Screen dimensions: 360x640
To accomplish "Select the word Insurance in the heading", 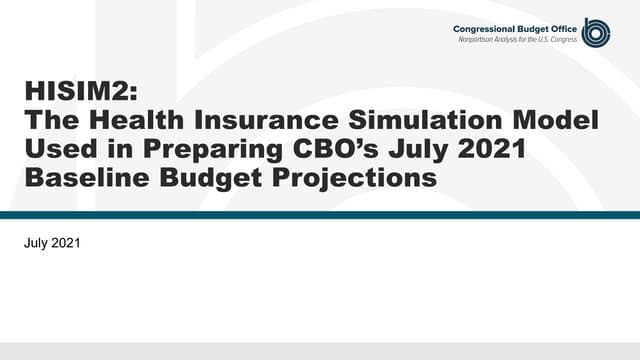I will point(267,123).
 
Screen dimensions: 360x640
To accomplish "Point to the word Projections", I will point(350,180).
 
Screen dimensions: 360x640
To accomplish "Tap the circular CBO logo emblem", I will point(596,32).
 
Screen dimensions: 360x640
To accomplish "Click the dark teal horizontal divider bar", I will point(320,214).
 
